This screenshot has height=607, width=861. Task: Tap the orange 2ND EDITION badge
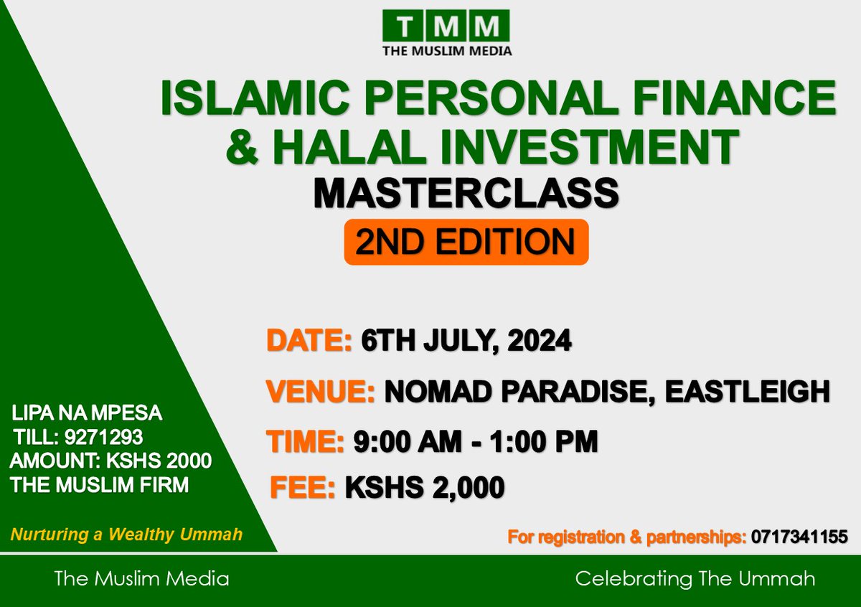click(x=466, y=243)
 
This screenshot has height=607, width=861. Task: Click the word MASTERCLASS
click(x=466, y=193)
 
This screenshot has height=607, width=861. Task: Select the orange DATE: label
click(x=309, y=340)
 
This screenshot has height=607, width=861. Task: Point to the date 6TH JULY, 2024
click(x=466, y=340)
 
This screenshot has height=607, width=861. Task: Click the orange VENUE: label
click(x=321, y=392)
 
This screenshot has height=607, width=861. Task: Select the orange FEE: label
click(x=303, y=488)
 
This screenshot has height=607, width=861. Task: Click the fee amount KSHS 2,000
click(x=425, y=488)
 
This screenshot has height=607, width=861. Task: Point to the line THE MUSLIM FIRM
click(x=100, y=485)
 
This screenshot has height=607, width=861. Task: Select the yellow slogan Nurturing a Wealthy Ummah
click(x=126, y=535)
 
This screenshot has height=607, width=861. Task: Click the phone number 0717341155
click(x=799, y=536)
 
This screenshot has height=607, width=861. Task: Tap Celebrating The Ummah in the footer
click(x=695, y=578)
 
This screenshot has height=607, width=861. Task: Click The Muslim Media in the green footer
click(x=141, y=578)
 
